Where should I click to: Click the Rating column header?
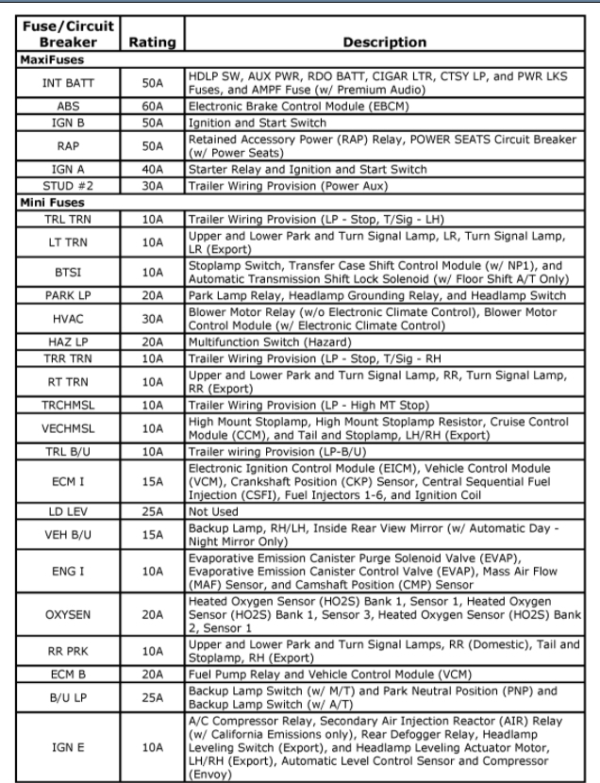[x=151, y=42]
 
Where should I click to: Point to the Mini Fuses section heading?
[x=54, y=203]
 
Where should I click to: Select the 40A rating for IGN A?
[x=151, y=169]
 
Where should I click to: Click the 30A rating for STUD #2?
[x=151, y=186]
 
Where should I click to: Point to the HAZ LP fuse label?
[x=66, y=342]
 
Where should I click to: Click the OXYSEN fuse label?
[x=66, y=614]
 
